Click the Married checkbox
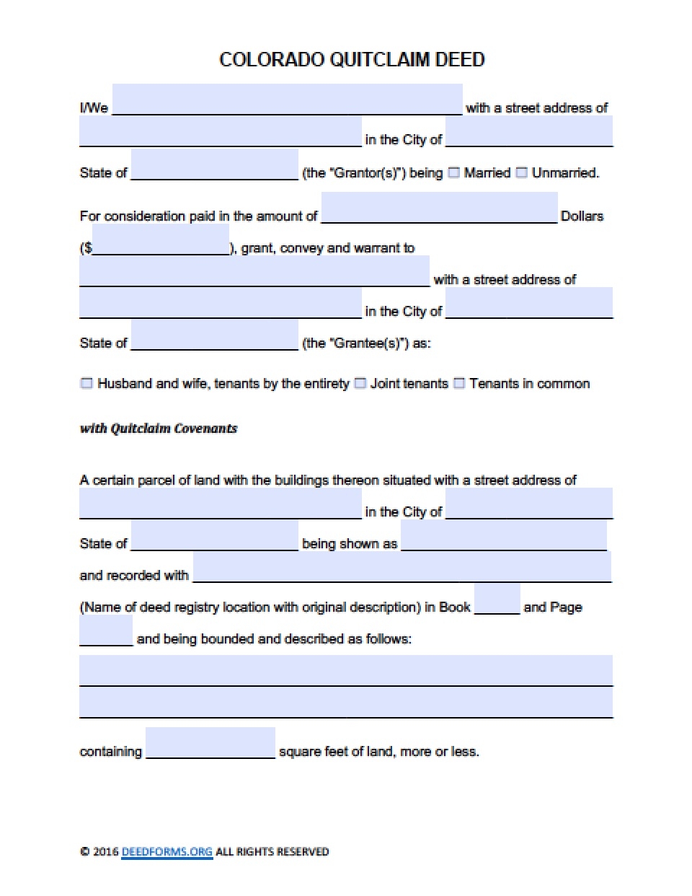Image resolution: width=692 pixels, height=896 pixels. coord(453,172)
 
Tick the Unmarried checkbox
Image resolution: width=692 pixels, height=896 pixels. coord(521,172)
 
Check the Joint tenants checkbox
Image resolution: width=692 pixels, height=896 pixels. coord(360,383)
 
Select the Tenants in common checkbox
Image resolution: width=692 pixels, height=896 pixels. coord(459,383)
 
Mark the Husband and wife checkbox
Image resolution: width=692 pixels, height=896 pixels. coord(86,383)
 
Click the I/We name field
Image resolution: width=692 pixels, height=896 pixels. coord(287,100)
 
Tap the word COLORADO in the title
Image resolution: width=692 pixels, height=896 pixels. coord(272,59)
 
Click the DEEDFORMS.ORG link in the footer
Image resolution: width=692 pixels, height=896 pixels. coord(167,851)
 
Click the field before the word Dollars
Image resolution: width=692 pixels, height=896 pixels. coord(439,208)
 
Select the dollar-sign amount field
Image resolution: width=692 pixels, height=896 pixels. coord(161,240)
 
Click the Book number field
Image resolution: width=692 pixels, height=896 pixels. coord(497,599)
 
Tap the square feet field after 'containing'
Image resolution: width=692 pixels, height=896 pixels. coord(210,743)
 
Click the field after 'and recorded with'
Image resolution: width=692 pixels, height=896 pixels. coord(402,567)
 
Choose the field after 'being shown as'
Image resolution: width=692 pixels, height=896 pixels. coord(503,535)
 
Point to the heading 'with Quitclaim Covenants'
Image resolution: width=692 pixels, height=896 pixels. coord(158,429)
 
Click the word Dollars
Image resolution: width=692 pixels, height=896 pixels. coord(582,216)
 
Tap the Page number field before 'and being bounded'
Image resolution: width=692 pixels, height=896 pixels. coord(105,631)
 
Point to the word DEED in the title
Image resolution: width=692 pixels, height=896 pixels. coord(460,59)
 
